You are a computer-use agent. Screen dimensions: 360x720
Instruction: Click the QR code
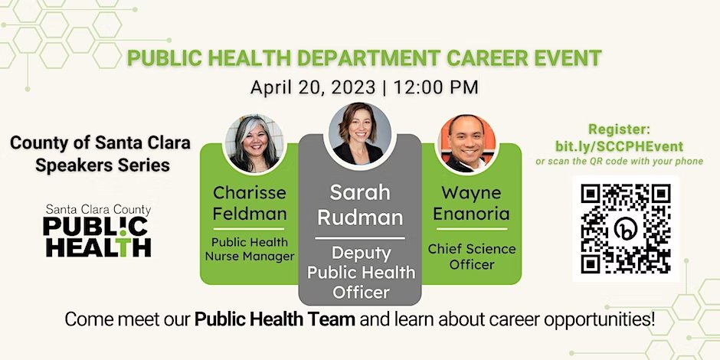pyautogui.click(x=626, y=227)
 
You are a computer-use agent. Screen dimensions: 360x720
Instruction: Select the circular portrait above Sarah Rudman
pyautogui.click(x=359, y=132)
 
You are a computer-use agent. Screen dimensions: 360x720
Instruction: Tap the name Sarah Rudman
pyautogui.click(x=359, y=205)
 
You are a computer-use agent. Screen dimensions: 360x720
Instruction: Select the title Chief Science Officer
pyautogui.click(x=471, y=257)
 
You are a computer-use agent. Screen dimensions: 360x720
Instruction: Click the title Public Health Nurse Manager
pyautogui.click(x=249, y=249)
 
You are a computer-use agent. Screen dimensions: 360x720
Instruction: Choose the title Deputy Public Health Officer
pyautogui.click(x=359, y=273)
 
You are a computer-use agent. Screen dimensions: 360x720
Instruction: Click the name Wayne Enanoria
pyautogui.click(x=471, y=204)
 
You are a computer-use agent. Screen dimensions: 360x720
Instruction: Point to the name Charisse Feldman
pyautogui.click(x=249, y=202)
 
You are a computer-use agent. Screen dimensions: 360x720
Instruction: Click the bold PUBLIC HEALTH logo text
pyautogui.click(x=97, y=237)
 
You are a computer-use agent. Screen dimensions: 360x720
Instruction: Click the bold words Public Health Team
pyautogui.click(x=275, y=319)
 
